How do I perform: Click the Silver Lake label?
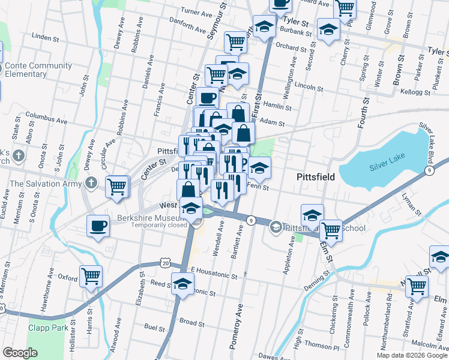pyautogui.click(x=385, y=166)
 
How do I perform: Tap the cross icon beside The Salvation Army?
pyautogui.click(x=91, y=182)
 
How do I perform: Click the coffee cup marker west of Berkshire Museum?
pyautogui.click(x=98, y=227)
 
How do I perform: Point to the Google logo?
pyautogui.click(x=20, y=353)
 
